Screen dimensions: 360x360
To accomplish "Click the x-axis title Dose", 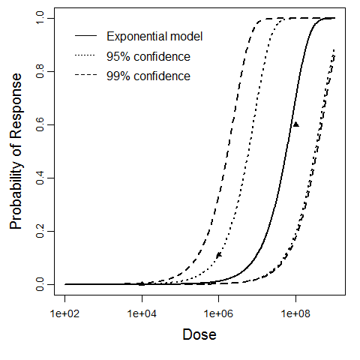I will click(x=199, y=334).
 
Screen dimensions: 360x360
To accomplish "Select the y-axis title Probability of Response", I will click(x=16, y=151).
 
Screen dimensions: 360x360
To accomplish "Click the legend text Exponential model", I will click(x=154, y=36).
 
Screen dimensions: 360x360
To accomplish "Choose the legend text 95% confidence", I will click(x=148, y=56).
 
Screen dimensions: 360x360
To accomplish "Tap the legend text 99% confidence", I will click(x=148, y=76).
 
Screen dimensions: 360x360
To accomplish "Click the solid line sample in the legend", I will click(x=84, y=36).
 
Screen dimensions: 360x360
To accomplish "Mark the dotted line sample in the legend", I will click(x=84, y=56).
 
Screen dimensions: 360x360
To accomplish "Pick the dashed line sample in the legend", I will click(x=84, y=76).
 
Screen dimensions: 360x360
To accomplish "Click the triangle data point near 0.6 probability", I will click(x=295, y=124).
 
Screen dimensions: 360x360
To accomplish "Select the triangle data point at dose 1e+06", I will click(x=219, y=255).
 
